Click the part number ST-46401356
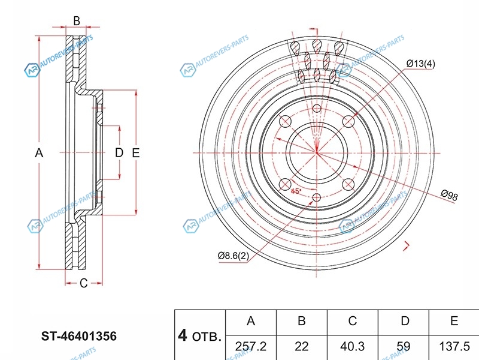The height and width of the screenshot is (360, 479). click(78, 336)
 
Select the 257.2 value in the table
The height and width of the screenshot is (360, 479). click(251, 346)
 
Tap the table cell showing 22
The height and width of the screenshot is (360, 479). click(302, 346)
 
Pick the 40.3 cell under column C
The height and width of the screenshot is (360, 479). click(353, 346)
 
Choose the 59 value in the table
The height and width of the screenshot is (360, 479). click(405, 346)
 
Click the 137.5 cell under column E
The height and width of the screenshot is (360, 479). click(454, 346)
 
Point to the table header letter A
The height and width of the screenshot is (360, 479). click(251, 321)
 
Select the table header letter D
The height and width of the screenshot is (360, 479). click(405, 321)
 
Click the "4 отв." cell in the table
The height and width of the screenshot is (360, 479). click(199, 335)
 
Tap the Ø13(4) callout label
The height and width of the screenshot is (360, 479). click(420, 64)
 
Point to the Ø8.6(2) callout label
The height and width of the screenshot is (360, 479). click(234, 256)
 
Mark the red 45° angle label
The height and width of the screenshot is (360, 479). click(296, 191)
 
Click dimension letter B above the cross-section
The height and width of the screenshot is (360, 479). click(77, 20)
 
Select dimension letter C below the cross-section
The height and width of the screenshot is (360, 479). click(84, 283)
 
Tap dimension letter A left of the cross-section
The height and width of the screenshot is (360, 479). click(39, 153)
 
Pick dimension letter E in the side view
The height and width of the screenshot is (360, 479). click(136, 153)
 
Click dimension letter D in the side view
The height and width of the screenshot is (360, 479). click(119, 153)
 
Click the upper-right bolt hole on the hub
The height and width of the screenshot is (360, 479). click(348, 122)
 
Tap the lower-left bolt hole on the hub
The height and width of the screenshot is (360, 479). click(285, 184)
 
